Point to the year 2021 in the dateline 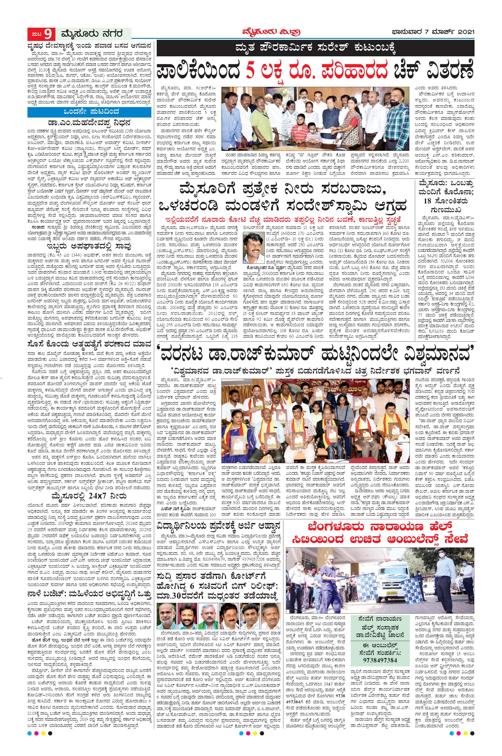(x=463, y=32)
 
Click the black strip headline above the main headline (x=315, y=49)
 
